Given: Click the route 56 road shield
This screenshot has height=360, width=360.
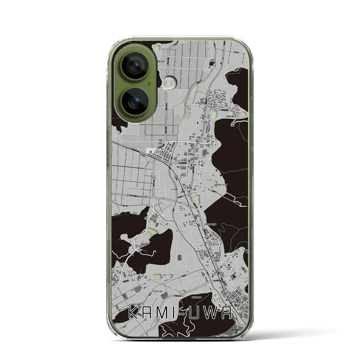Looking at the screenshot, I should click(x=198, y=143).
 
